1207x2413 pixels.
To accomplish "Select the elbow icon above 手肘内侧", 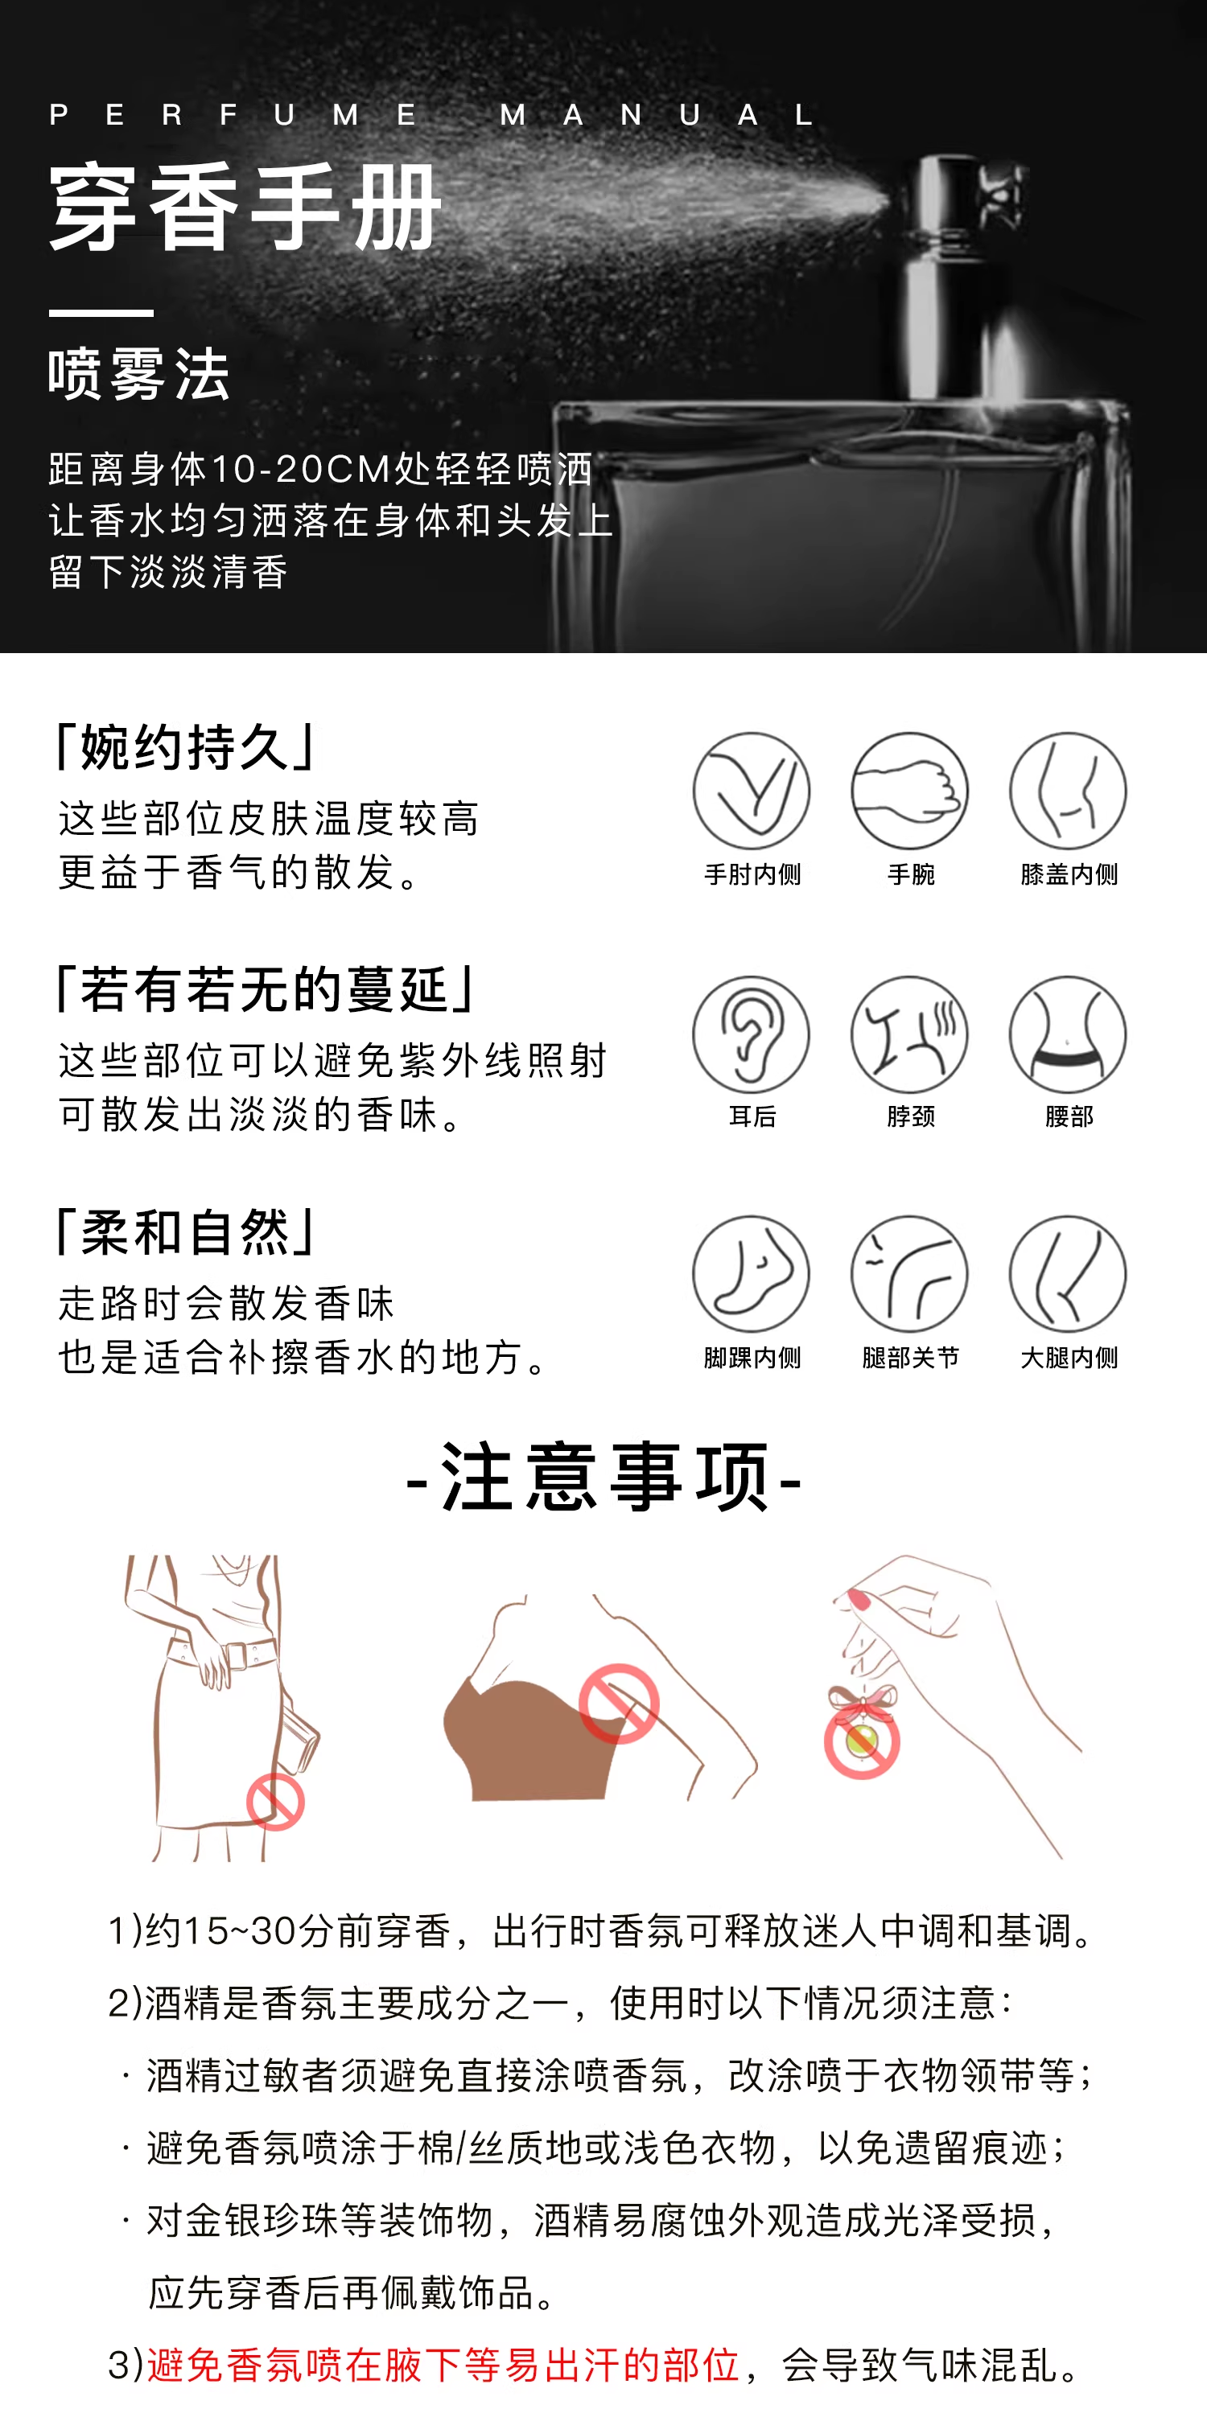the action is [752, 791].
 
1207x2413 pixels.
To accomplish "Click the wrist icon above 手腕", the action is [910, 791].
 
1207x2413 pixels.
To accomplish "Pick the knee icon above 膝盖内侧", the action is [1069, 791].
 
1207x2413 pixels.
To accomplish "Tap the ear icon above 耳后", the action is [752, 1034].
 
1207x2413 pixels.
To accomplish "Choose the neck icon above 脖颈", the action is [910, 1034].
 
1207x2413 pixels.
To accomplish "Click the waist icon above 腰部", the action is [1069, 1034].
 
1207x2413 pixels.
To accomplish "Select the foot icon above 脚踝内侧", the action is [752, 1274].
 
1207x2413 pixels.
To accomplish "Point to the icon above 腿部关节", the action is [910, 1274].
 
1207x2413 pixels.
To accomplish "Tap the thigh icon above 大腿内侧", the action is [1069, 1274].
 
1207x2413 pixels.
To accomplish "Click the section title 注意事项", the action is [604, 1478].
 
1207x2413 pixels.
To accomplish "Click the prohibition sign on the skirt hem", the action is [275, 1802].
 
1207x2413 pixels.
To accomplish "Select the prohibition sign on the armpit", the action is [619, 1704].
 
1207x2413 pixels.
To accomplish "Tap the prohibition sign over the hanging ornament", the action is [862, 1741].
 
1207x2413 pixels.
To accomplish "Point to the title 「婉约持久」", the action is [187, 746].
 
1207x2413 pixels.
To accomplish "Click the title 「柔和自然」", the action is [187, 1231].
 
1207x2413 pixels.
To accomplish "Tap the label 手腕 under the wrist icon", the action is [911, 874].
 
